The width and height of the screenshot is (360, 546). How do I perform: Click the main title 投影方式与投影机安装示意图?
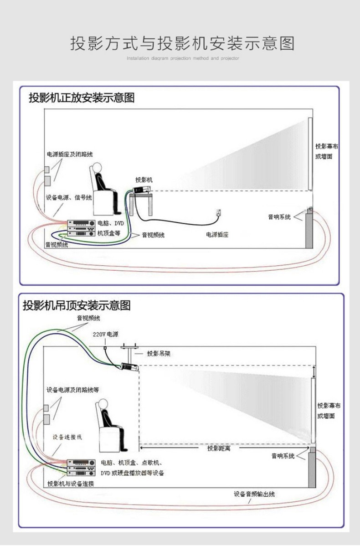tap(182, 43)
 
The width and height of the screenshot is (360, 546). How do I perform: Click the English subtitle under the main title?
tap(182, 59)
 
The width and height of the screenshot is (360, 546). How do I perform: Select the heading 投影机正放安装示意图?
tap(82, 98)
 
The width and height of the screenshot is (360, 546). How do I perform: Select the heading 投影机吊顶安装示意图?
tap(77, 305)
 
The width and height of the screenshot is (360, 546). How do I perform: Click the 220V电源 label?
tap(105, 334)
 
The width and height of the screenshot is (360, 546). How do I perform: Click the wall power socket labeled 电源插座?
tap(219, 212)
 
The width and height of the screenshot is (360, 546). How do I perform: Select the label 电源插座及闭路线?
tap(70, 155)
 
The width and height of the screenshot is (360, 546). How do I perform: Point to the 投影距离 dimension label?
tap(219, 448)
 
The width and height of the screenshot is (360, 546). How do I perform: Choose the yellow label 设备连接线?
tap(67, 437)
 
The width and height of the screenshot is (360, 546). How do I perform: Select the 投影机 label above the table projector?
tap(144, 179)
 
